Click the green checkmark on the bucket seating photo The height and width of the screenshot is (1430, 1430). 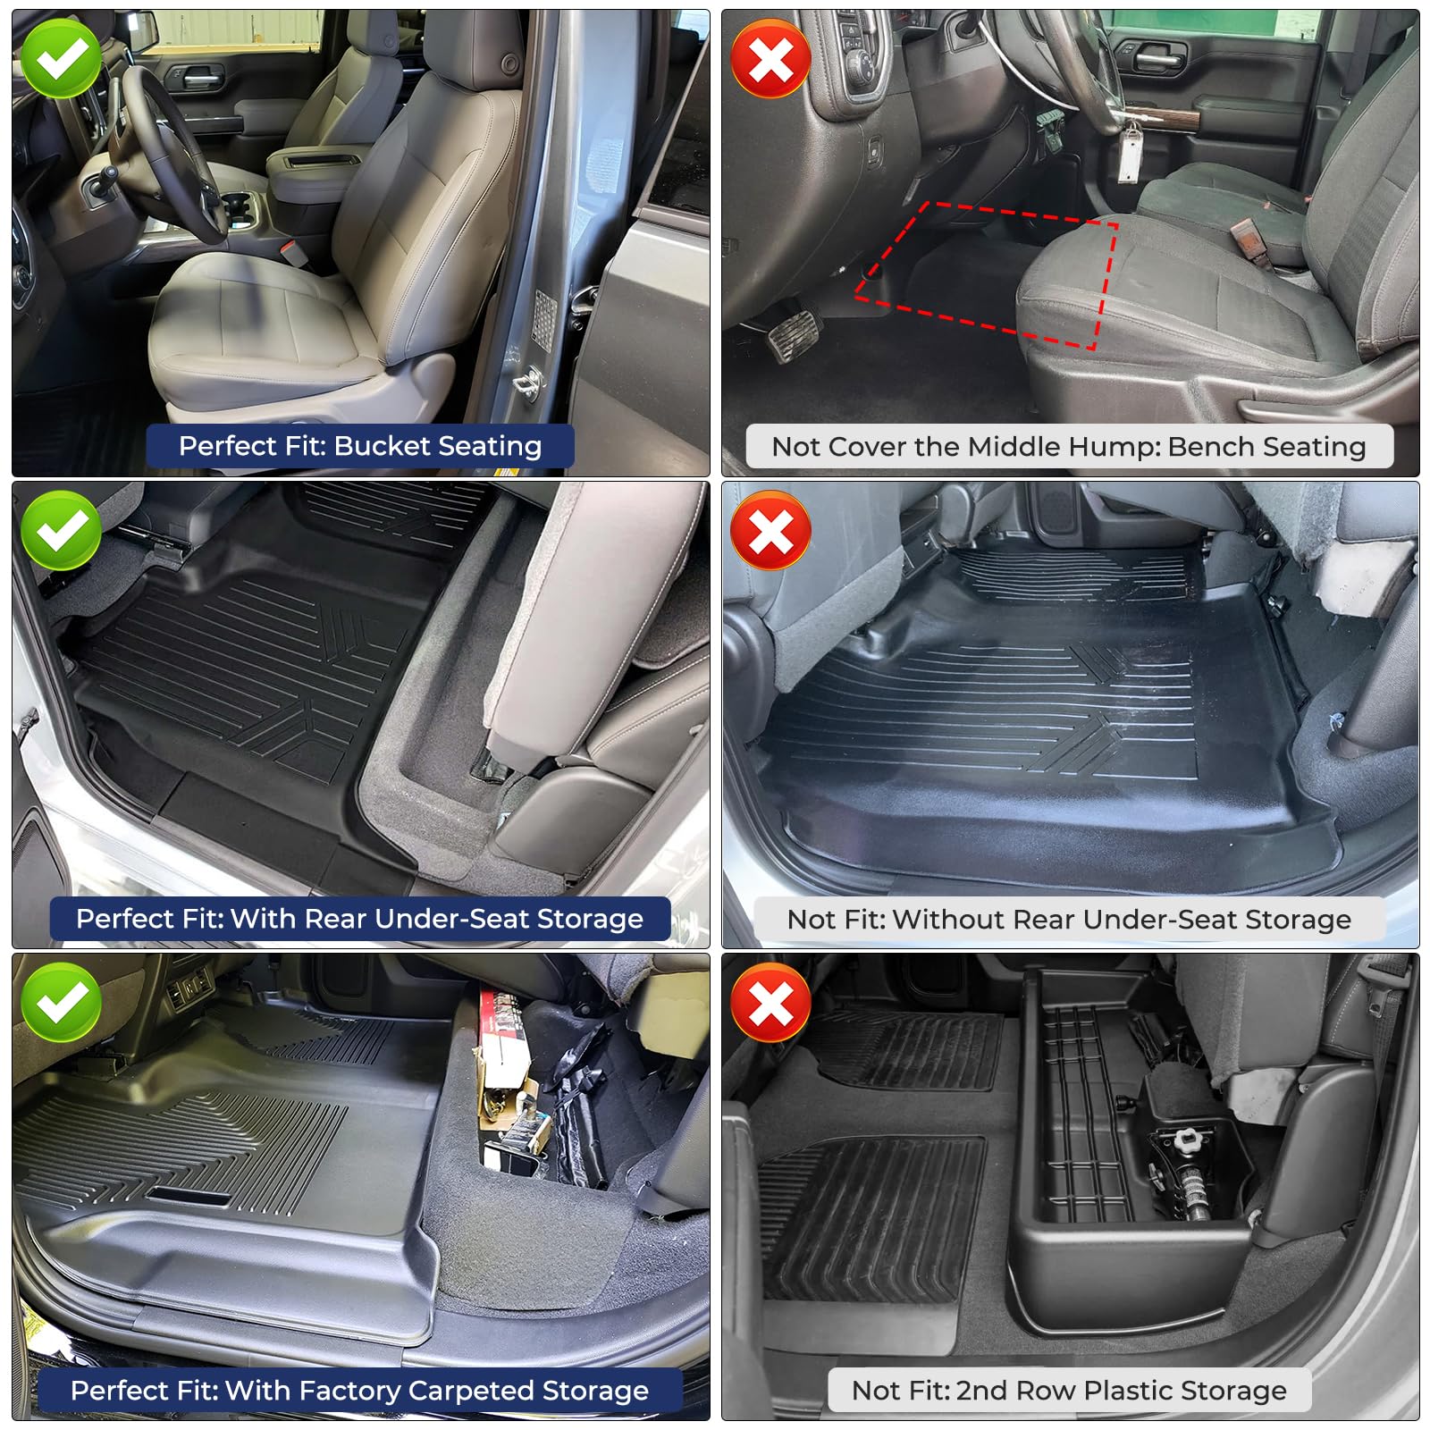pyautogui.click(x=62, y=59)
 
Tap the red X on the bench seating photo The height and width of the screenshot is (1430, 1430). pyautogui.click(x=770, y=59)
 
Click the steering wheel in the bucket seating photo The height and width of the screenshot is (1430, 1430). pyautogui.click(x=170, y=152)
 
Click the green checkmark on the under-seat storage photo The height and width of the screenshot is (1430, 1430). pyautogui.click(x=62, y=531)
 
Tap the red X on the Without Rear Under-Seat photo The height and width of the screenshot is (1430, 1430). pyautogui.click(x=770, y=531)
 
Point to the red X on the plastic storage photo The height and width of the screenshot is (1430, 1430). pyautogui.click(x=770, y=1003)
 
